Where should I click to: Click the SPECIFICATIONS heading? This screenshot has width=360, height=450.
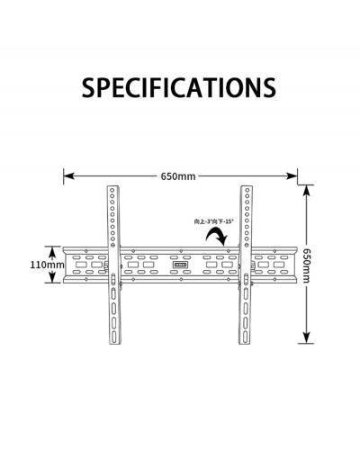tap(179, 87)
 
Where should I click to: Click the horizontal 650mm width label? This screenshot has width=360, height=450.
tap(178, 176)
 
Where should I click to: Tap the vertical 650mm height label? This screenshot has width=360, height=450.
tap(306, 265)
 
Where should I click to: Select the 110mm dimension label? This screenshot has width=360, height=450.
tap(47, 265)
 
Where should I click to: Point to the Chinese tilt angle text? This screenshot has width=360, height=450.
tap(214, 221)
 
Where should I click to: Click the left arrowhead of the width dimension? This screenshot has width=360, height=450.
tap(68, 176)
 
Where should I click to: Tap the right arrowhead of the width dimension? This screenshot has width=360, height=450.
tap(292, 176)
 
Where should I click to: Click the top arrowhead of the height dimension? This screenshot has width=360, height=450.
tap(306, 191)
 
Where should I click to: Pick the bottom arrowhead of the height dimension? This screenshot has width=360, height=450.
tap(306, 337)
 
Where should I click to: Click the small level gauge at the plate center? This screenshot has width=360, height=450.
tap(180, 265)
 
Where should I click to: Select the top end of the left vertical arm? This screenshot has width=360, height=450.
tap(113, 186)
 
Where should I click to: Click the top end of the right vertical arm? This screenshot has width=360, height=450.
tap(246, 186)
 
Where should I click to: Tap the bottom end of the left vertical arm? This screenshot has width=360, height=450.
tap(114, 343)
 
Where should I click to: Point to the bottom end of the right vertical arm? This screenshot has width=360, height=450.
tap(245, 343)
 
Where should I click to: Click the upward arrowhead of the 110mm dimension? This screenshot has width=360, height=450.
tap(52, 251)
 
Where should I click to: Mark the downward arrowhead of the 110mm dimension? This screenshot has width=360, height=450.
tap(52, 278)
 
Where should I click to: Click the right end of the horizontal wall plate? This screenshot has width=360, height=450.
tap(296, 265)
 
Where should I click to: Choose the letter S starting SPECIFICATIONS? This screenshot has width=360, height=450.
tap(88, 87)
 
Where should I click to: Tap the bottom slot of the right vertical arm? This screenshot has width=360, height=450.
tap(246, 336)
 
